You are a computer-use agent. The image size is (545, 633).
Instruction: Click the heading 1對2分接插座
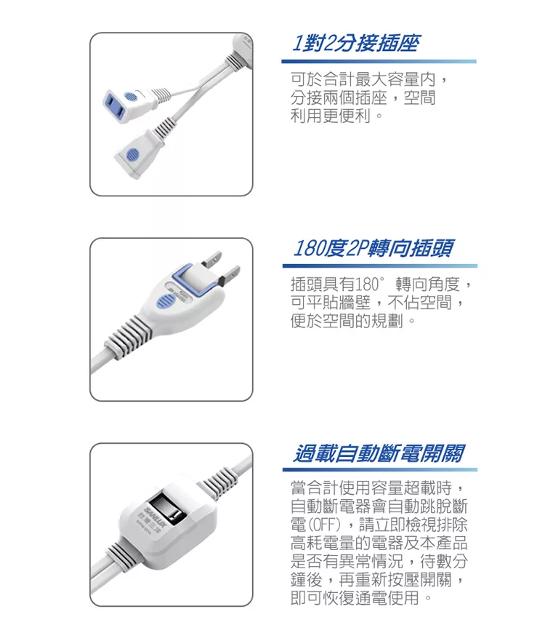coord(356,43)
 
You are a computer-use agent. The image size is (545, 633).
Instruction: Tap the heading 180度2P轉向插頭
coord(374,248)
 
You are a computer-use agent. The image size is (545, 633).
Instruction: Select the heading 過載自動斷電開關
coord(379,453)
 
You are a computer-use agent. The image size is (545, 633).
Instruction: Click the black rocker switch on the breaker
coord(166,509)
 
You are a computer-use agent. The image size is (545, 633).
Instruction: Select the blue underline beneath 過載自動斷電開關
coord(380,469)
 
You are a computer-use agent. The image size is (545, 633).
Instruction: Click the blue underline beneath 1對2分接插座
coord(379,61)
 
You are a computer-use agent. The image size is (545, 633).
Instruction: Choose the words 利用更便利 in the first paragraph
coord(331,116)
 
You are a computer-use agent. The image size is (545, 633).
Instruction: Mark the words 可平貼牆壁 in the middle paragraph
coord(331,303)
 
